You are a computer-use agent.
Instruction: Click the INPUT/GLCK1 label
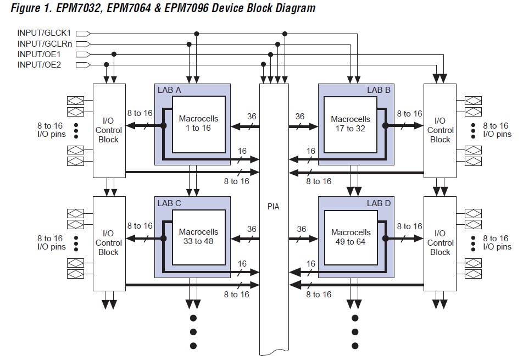coord(44,33)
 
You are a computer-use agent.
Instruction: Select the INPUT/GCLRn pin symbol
coord(83,44)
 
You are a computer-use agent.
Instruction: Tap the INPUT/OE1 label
coord(39,54)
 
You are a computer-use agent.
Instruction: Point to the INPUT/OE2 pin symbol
coord(83,65)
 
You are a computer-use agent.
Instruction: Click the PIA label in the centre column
coord(273,207)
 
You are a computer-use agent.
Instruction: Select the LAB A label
coord(169,90)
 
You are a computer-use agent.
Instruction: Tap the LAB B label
coord(379,90)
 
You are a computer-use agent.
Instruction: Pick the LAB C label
coord(169,203)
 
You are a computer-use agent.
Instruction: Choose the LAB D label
coord(379,203)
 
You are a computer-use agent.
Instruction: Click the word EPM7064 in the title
coord(129,8)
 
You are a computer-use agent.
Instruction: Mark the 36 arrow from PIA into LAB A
coord(245,126)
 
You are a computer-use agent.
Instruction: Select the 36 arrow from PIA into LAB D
coord(303,239)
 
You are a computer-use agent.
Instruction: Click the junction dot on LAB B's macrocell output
coord(385,125)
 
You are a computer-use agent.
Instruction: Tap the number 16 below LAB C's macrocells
coord(242,264)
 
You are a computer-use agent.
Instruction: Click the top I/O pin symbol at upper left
coord(76,101)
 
